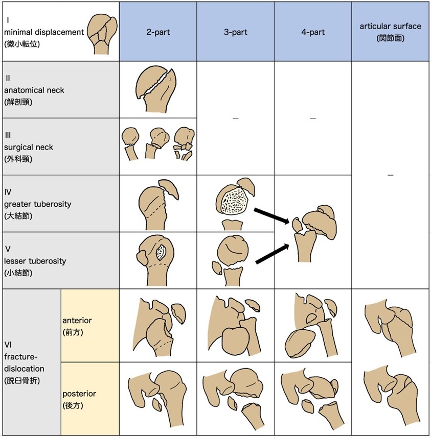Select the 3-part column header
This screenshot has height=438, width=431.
[x=235, y=32]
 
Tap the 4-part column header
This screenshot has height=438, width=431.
[x=312, y=32]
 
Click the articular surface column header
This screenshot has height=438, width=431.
[x=390, y=32]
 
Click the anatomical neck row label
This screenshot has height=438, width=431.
[x=34, y=90]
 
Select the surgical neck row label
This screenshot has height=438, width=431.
[x=29, y=147]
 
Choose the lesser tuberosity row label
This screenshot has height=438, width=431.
[x=35, y=261]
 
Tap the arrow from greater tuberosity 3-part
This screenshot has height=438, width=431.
[x=270, y=214]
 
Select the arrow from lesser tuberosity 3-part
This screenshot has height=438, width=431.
[x=270, y=253]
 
